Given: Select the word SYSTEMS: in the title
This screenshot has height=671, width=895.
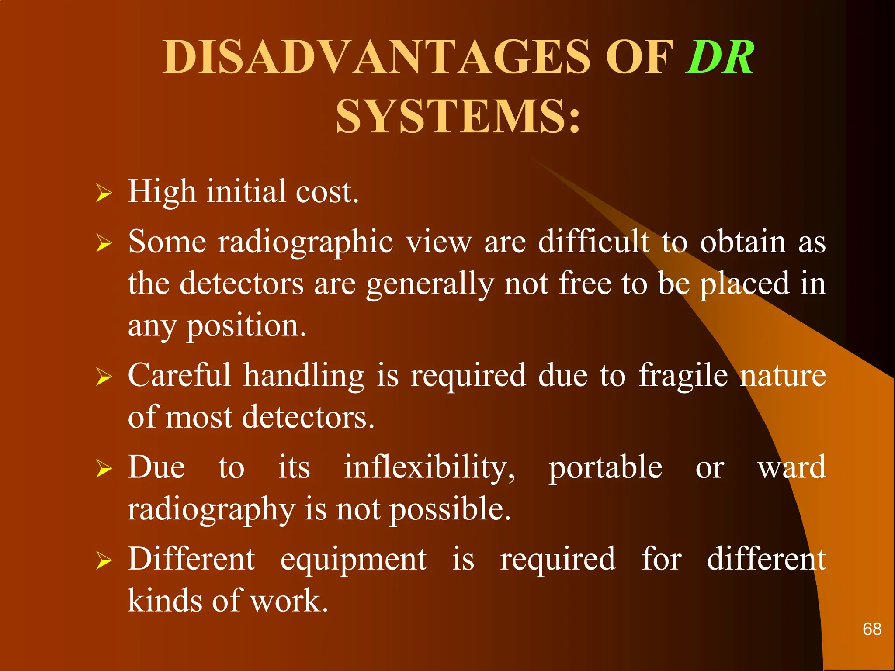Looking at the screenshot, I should tap(458, 116).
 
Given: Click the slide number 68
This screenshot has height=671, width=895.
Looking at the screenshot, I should tap(872, 629).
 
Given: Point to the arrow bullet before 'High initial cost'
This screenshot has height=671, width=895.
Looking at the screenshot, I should tap(104, 193).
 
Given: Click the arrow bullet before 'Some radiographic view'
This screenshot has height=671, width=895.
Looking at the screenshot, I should tap(104, 242).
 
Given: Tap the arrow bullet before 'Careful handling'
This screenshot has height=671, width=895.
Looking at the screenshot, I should tap(104, 376).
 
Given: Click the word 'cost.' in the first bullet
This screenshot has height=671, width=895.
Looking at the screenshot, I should tap(327, 192).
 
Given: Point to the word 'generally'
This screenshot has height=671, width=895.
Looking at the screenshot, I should tap(430, 284).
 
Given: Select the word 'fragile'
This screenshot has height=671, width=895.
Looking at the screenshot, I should tap(683, 376).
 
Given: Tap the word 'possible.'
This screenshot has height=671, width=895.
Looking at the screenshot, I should tap(450, 510).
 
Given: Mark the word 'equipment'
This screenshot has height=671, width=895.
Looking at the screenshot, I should tap(353, 559).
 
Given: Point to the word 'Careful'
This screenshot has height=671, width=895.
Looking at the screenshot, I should tap(179, 375).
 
